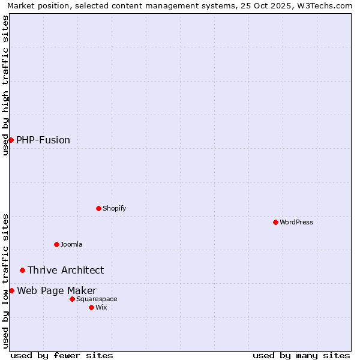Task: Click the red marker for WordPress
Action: pyautogui.click(x=275, y=222)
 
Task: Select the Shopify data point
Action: pyautogui.click(x=98, y=208)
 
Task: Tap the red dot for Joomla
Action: pyautogui.click(x=56, y=244)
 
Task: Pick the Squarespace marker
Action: pyautogui.click(x=72, y=299)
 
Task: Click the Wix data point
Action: pyautogui.click(x=91, y=307)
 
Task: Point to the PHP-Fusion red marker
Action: pyautogui.click(x=11, y=140)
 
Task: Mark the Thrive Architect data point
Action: pyautogui.click(x=22, y=270)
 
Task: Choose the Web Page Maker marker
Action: pyautogui.click(x=11, y=290)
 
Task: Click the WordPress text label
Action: pyautogui.click(x=296, y=222)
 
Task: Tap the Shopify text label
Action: pyautogui.click(x=115, y=208)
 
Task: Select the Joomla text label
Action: pyautogui.click(x=71, y=244)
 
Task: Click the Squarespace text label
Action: pyautogui.click(x=97, y=299)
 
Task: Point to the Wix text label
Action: pyautogui.click(x=101, y=307)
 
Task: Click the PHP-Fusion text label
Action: pyautogui.click(x=43, y=140)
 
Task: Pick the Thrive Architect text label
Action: pyautogui.click(x=66, y=270)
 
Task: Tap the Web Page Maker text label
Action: pyautogui.click(x=57, y=290)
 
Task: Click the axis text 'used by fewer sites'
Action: pyautogui.click(x=62, y=355)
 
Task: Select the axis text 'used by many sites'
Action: pyautogui.click(x=301, y=355)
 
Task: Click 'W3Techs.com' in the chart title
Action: pyautogui.click(x=326, y=5)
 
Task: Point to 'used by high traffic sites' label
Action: pyautogui.click(x=5, y=85)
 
